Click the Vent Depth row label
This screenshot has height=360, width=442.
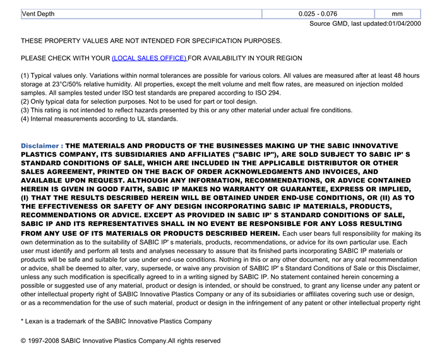(x=39, y=13)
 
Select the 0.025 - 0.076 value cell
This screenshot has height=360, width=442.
(x=318, y=13)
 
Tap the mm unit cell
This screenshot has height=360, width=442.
(x=397, y=13)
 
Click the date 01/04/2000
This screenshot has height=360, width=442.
(x=404, y=23)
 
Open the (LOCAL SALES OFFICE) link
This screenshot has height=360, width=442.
(x=149, y=58)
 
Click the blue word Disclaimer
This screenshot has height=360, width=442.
(x=40, y=145)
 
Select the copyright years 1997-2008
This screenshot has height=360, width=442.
(x=47, y=341)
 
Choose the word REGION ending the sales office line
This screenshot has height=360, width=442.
(x=289, y=58)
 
